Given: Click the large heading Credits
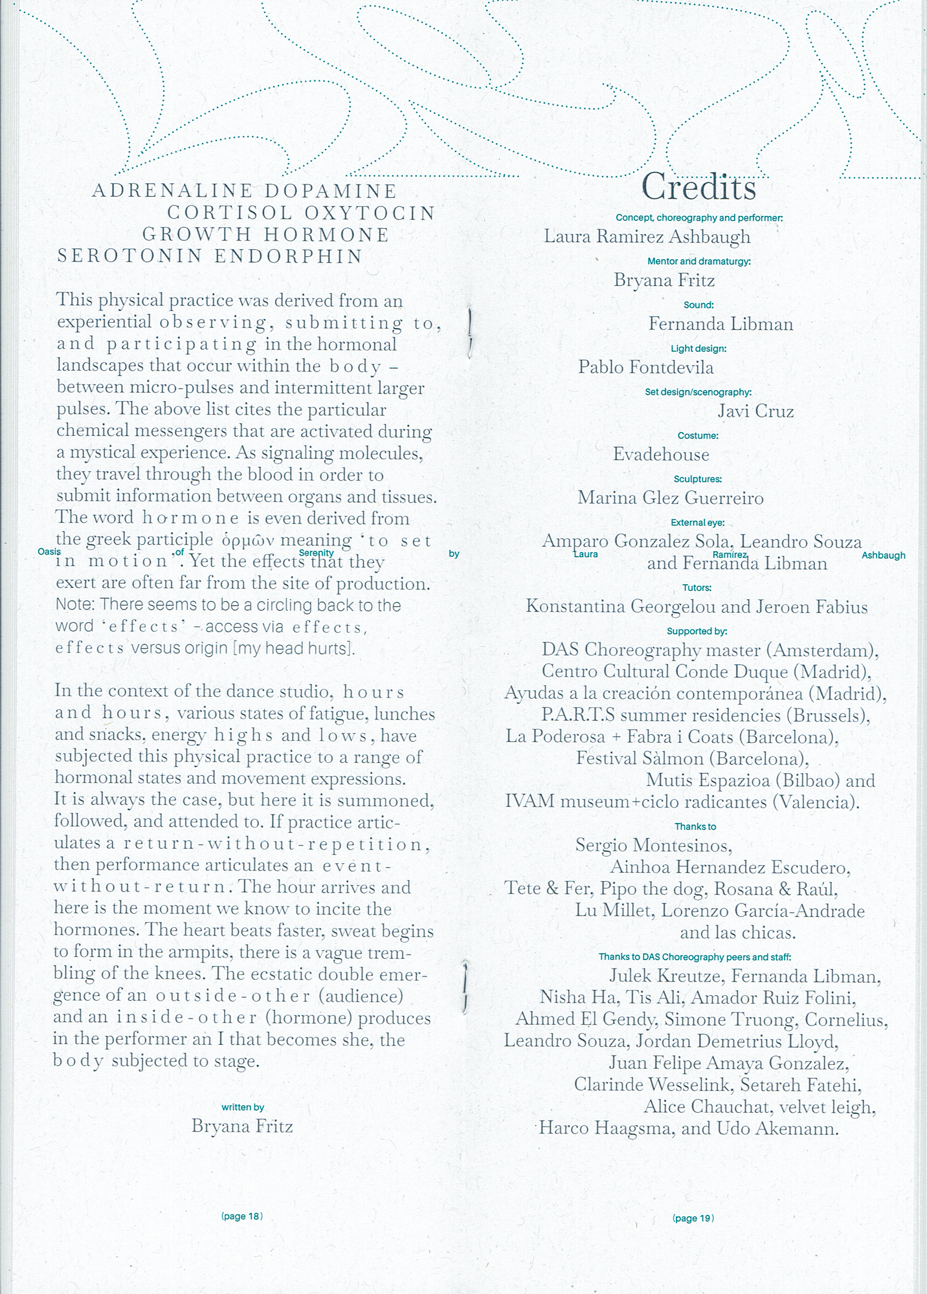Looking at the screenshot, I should pos(698,188).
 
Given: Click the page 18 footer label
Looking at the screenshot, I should pos(241,1216).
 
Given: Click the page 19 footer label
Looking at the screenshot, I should pos(693,1218).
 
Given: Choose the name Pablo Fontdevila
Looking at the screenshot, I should pos(646,367).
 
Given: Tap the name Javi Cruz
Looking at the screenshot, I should pos(755,411).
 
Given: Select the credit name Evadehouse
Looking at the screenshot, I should pos(661,454).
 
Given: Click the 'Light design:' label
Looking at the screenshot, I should pos(698,349).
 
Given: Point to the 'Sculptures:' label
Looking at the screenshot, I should pos(697,479).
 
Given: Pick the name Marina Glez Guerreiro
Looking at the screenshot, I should pos(671,498).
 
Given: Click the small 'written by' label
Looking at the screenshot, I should pos(243,1107).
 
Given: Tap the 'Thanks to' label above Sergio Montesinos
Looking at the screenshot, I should pos(695,826).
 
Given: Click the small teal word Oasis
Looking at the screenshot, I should pos(49,552).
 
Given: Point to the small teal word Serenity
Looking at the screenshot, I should pos(317,553).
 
